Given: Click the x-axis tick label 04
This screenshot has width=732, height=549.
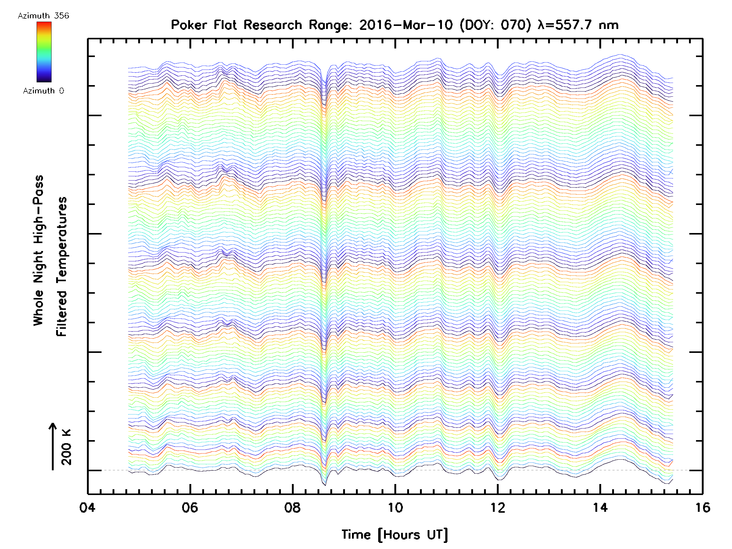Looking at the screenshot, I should coord(87,508).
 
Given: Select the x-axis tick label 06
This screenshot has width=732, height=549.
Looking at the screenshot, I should coord(190,508).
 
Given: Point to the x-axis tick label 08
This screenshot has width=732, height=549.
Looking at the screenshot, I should coord(292,508).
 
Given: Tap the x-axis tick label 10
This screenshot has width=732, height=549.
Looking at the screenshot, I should coord(395,508).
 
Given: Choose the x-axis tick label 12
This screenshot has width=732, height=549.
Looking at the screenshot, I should coord(497,508).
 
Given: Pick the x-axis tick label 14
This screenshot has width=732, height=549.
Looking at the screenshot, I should coord(600,508).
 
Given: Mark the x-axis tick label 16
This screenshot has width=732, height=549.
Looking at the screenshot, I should coord(702,508).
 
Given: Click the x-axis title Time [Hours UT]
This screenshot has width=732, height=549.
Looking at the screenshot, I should coord(394,535).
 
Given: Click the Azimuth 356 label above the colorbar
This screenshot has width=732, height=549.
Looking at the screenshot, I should coord(43,16).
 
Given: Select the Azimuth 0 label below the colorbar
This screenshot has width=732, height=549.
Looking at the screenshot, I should coord(43,91).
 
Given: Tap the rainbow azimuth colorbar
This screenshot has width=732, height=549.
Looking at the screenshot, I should coord(44,52).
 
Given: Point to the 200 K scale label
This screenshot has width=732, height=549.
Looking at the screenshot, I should coord(66,447).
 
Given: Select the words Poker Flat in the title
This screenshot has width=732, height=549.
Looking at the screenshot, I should coord(203,25).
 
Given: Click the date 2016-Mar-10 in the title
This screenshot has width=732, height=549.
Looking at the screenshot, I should coord(406,25).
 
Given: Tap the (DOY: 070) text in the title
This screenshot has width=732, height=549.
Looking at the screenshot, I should coord(495,25).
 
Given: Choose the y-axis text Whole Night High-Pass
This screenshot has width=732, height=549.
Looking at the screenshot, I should coord(38,250).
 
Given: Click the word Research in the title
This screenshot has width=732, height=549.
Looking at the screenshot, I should coord(273,25).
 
